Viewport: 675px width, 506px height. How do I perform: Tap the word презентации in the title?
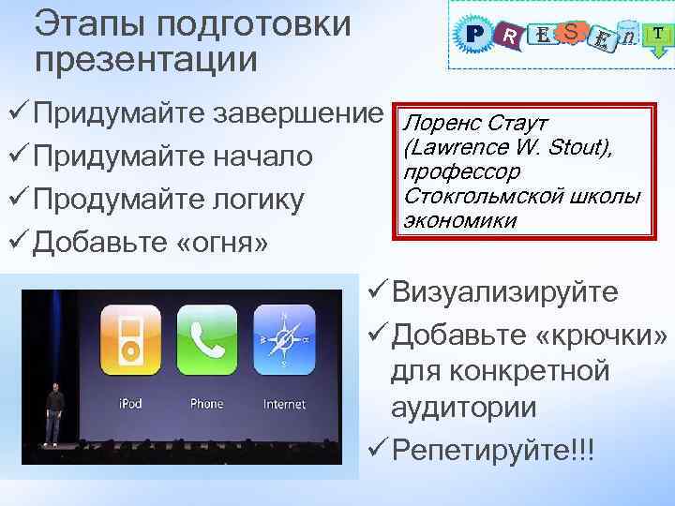coord(145,58)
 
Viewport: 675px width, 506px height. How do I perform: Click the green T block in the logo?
coord(659,35)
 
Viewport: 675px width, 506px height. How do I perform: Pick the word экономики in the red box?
coord(458,220)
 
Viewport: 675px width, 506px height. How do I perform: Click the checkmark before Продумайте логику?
coord(20,199)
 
